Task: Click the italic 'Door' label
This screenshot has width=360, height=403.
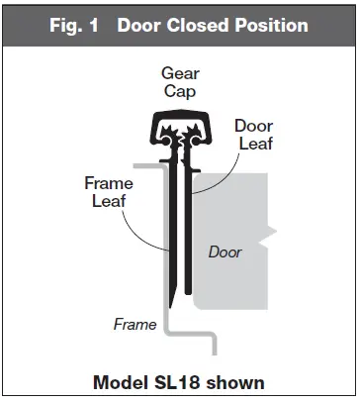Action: coord(225,252)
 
